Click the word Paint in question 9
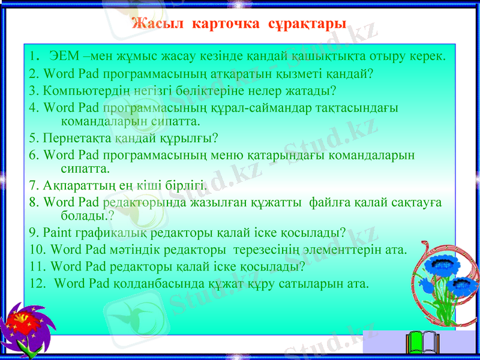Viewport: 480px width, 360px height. (x=58, y=232)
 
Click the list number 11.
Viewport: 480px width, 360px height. (x=37, y=265)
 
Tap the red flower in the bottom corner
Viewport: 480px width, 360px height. (x=23, y=327)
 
